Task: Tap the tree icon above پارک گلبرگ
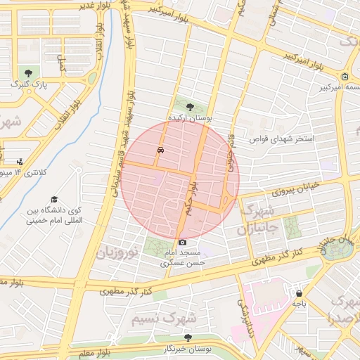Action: tap(28, 72)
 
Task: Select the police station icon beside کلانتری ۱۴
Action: tap(19, 161)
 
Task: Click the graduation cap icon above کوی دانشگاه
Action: tap(55, 199)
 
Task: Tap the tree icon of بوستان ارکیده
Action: tap(190, 106)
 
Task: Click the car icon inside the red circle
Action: tap(161, 150)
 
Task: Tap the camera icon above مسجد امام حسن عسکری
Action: tap(183, 242)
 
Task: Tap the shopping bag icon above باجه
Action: tap(300, 293)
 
